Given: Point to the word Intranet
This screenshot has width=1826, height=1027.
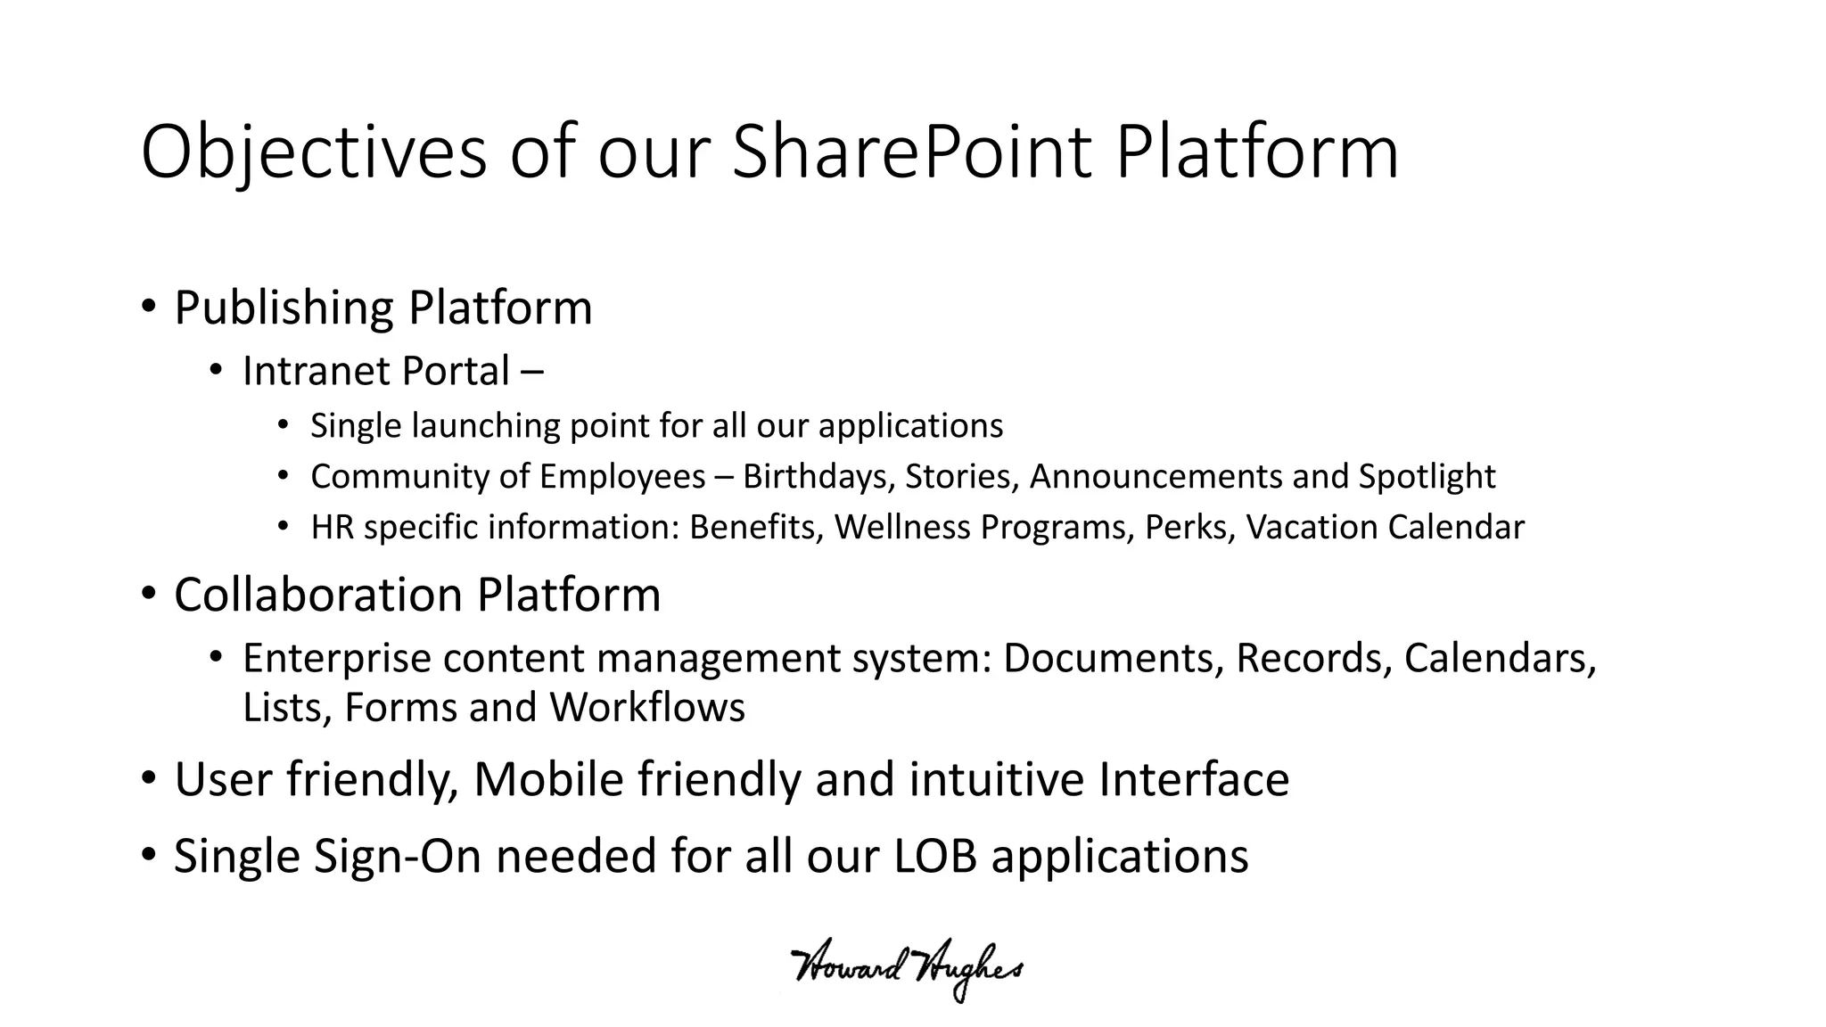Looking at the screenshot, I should click(314, 372).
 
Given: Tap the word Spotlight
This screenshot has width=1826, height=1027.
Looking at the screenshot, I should click(1427, 477).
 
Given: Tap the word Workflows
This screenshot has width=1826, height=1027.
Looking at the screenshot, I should click(646, 708).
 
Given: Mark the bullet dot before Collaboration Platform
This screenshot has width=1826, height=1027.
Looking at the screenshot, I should click(149, 594).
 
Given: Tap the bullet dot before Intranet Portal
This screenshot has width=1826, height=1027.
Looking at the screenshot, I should click(216, 370).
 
